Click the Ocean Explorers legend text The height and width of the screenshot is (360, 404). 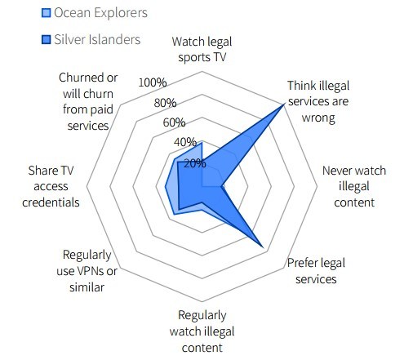[100, 13]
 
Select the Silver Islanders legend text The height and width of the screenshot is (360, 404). [97, 39]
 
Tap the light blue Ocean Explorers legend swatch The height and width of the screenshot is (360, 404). [46, 13]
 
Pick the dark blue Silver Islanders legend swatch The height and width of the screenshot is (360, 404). [46, 39]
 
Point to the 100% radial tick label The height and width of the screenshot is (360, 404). [153, 82]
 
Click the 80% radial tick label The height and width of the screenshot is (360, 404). [165, 103]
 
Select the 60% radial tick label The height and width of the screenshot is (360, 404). [174, 122]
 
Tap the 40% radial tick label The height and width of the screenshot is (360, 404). [185, 142]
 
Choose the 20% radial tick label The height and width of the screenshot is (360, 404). [195, 163]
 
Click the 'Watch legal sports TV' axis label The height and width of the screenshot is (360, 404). [202, 50]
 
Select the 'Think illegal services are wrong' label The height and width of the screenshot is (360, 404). [318, 101]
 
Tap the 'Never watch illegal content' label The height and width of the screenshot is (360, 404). [354, 186]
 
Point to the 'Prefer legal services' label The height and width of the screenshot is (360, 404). [316, 271]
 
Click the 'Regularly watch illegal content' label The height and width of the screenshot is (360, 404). [202, 331]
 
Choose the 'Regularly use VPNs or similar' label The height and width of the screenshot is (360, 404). [87, 271]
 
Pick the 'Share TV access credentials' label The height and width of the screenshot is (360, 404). [51, 186]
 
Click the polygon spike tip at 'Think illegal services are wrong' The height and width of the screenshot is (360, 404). [284, 104]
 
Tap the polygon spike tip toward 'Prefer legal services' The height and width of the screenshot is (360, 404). [263, 247]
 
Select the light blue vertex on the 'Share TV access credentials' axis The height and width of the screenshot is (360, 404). [166, 186]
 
